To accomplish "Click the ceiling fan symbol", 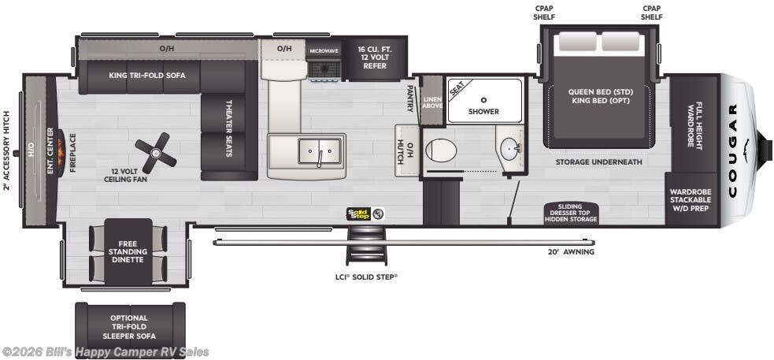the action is pos(156,150).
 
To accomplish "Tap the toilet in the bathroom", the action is pos(440,150).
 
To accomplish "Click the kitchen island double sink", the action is pos(320,151).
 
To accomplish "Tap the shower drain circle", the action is pos(484,100).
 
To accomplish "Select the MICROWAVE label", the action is pos(324,51).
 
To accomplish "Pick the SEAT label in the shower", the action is pos(457,88).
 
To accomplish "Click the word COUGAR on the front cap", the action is pos(732,150).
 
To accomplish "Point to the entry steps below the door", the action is pos(366,245).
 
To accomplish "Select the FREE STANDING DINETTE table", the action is pos(128,252).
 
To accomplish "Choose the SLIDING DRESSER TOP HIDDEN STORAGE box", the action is pos(571,213).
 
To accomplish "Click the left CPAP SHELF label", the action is pos(544,13).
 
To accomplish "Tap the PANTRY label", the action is pos(409,98).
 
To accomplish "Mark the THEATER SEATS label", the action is pos(229,128).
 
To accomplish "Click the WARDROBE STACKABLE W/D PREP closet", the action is pos(691,199).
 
